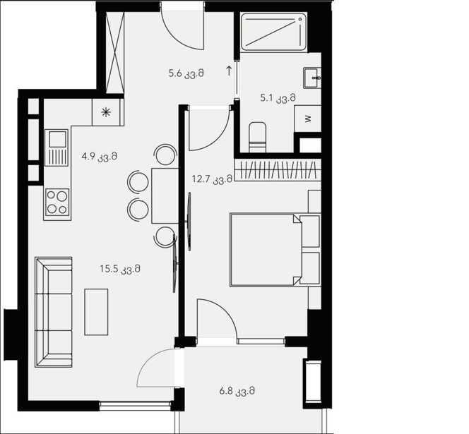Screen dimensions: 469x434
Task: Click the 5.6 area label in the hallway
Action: pos(186,73)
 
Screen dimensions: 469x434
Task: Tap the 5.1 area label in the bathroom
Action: pos(278,98)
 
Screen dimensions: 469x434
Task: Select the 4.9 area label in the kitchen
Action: pos(100,157)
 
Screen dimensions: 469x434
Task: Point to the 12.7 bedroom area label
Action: pos(212,179)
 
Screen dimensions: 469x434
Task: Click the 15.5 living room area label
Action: pos(120,269)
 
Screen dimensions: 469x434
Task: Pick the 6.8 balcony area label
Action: pos(237,391)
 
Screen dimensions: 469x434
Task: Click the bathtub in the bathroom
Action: pos(273,32)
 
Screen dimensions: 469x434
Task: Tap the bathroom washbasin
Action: pos(312,78)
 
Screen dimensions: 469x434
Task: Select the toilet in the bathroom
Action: pos(258,137)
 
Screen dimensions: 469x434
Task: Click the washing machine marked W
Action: pos(308,119)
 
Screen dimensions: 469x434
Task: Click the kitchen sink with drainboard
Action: pos(57,147)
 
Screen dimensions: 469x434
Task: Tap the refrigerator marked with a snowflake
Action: pos(106,112)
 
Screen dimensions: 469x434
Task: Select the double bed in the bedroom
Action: pos(275,250)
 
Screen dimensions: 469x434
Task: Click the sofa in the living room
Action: pos(54,312)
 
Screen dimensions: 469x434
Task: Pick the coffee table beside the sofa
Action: pos(96,312)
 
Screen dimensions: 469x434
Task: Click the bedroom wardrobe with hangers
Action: pos(278,169)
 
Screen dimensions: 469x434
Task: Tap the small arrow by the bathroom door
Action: pos(229,71)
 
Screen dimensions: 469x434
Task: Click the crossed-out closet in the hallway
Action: pos(115,52)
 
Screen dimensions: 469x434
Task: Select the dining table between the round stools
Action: pos(165,195)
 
